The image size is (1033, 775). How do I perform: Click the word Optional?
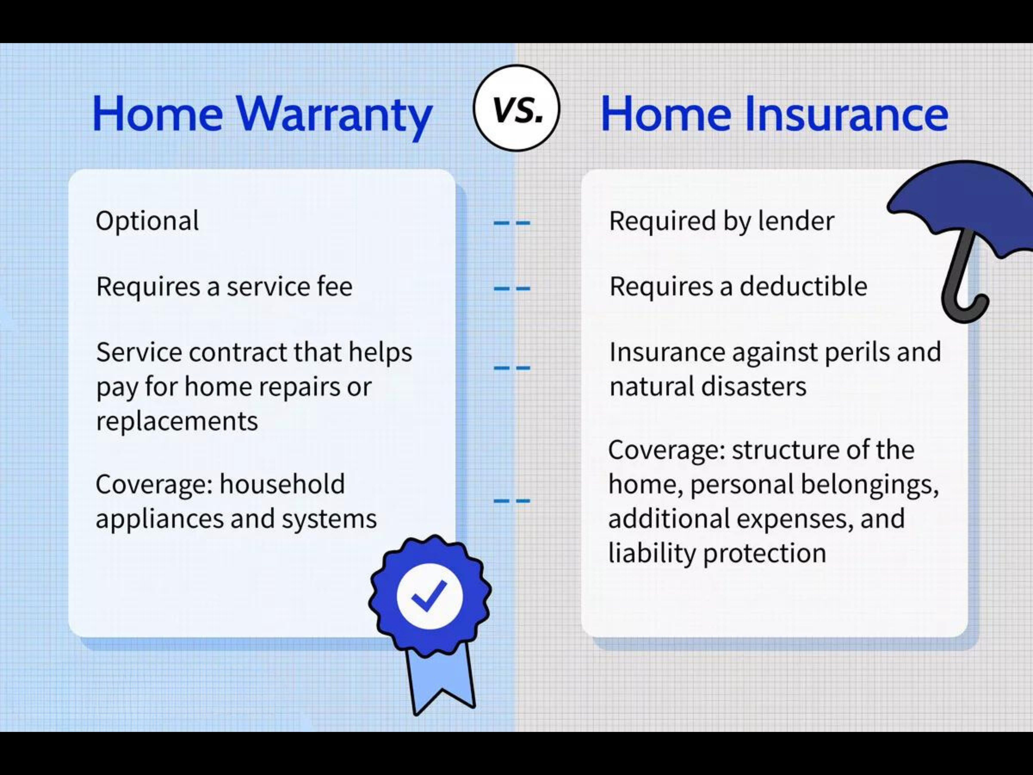(147, 221)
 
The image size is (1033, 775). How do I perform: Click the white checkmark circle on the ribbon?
(430, 596)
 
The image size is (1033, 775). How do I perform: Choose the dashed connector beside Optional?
(512, 223)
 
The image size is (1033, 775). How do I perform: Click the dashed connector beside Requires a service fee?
(512, 288)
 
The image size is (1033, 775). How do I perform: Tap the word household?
(282, 484)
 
